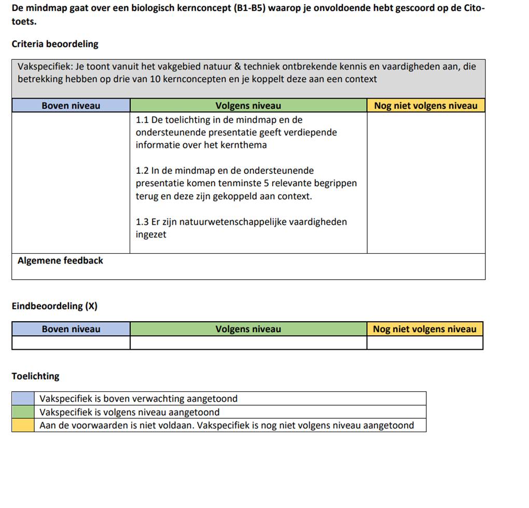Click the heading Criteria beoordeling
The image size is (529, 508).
pyautogui.click(x=55, y=44)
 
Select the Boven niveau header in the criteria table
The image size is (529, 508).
pyautogui.click(x=71, y=106)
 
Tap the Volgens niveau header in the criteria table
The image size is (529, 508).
pyautogui.click(x=248, y=106)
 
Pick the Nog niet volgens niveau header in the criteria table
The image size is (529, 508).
pyautogui.click(x=425, y=106)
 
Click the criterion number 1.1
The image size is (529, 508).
pyautogui.click(x=142, y=120)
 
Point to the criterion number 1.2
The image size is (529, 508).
pyautogui.click(x=142, y=171)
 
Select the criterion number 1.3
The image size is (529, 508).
pyautogui.click(x=142, y=222)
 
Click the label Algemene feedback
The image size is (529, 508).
pyautogui.click(x=60, y=261)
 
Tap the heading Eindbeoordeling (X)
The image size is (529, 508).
pyautogui.click(x=54, y=306)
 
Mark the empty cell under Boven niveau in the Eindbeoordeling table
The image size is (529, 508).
pyautogui.click(x=71, y=343)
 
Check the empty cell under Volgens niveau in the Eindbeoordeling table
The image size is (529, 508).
pyautogui.click(x=248, y=343)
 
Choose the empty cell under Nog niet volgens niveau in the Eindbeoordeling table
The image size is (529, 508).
pyautogui.click(x=425, y=343)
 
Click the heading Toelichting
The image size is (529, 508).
pyautogui.click(x=35, y=376)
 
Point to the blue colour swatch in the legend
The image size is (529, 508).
pyautogui.click(x=23, y=399)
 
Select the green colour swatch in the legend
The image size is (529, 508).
pyautogui.click(x=23, y=412)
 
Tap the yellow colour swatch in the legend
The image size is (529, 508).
pyautogui.click(x=23, y=425)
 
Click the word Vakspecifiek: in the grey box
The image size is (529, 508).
pyautogui.click(x=45, y=66)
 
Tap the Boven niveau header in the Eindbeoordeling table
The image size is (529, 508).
pyautogui.click(x=71, y=329)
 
